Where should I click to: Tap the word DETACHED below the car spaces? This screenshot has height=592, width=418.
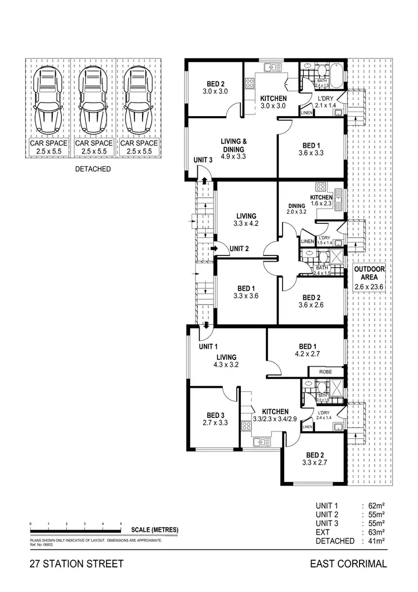coord(93,169)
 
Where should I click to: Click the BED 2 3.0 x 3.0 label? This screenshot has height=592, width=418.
coord(215,87)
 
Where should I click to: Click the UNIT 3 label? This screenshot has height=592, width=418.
coord(203,160)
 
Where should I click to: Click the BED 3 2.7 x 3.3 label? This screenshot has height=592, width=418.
coord(215,420)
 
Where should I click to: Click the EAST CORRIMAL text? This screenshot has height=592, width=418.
coord(348,564)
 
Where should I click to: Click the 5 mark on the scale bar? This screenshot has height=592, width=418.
coord(121,523)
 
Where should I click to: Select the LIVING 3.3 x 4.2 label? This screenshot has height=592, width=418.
coord(246,220)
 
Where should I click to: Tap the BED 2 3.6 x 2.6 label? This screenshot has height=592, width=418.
coord(311,301)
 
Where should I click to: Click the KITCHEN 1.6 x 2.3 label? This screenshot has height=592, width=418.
coord(321,201)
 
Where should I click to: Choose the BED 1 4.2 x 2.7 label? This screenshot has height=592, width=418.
coord(307,349)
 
